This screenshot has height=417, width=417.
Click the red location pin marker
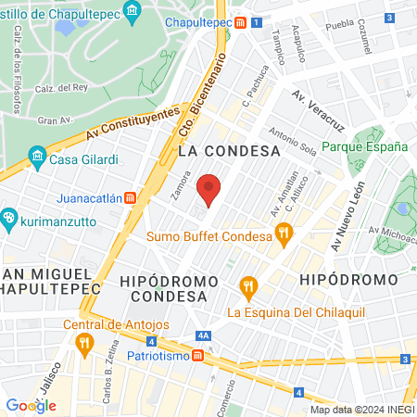pos(210,189)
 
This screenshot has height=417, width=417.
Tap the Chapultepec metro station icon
pos(240,25)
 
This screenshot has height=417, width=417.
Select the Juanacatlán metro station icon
pos(131,196)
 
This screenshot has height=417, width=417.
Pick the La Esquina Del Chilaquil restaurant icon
pos(247,286)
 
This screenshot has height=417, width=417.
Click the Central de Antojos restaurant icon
pos(84,344)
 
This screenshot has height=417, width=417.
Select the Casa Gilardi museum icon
pos(37,157)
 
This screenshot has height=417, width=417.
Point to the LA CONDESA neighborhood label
pos(229,149)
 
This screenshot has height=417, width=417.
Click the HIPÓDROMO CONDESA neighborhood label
pos(168,287)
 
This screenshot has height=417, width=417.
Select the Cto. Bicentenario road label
pos(209,91)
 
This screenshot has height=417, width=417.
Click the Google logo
pos(31,405)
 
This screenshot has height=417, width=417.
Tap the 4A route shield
pos(205,336)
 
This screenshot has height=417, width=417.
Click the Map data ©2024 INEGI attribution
pos(360,409)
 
